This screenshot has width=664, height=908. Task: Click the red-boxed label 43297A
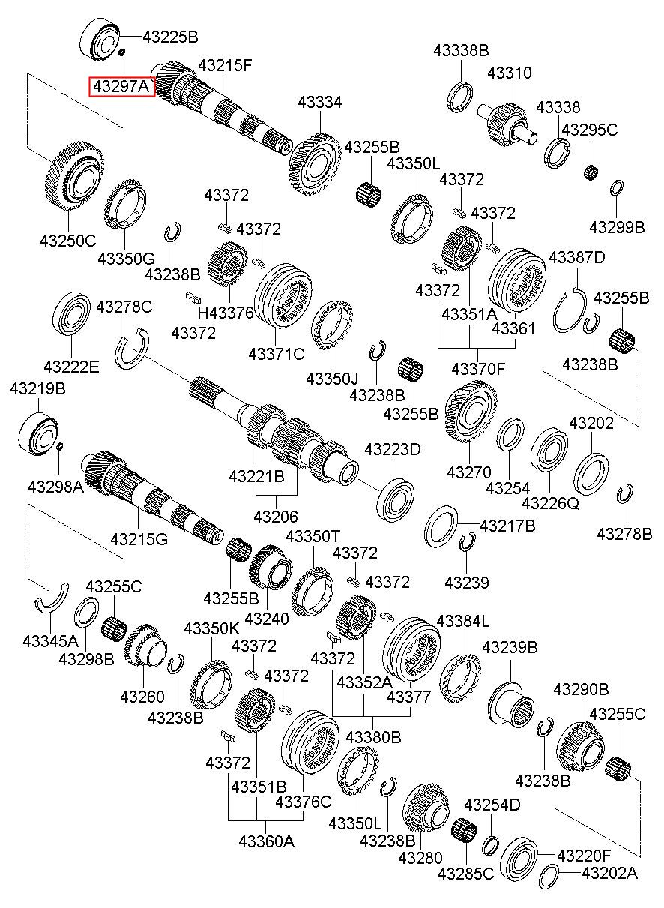[x=122, y=86]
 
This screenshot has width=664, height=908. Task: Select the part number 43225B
[x=170, y=37]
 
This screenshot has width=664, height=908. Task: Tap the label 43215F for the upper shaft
[x=225, y=65]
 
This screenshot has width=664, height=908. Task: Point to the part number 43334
[x=320, y=103]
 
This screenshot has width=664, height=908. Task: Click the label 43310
[x=510, y=73]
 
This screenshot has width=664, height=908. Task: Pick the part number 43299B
[x=616, y=227]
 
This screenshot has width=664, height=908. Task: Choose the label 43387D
[x=576, y=257]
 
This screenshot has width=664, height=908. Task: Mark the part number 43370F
[x=478, y=370]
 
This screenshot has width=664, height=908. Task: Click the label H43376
[x=226, y=313]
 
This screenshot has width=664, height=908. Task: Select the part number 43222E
[x=71, y=367]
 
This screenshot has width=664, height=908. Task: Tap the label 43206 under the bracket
[x=276, y=517]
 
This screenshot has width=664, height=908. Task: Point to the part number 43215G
[x=139, y=539]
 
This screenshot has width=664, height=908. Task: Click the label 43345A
[x=50, y=641]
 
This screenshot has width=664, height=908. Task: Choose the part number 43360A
[x=266, y=841]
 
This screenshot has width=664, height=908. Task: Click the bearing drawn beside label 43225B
[x=100, y=40]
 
